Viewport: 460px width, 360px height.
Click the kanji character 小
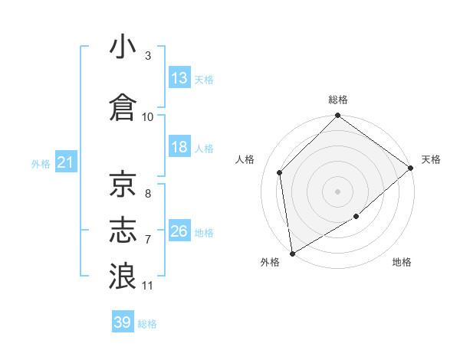(x=123, y=47)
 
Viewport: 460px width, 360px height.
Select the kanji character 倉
(x=123, y=106)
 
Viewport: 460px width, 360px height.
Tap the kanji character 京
(x=123, y=184)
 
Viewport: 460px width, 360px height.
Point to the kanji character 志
(x=123, y=231)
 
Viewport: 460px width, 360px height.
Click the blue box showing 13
(x=179, y=78)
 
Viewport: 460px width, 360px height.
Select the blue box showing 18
(x=179, y=147)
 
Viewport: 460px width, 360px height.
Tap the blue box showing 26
(x=179, y=231)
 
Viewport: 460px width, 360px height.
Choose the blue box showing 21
(x=66, y=162)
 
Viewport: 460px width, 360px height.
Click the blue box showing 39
(x=123, y=322)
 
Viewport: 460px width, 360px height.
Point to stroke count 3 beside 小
(x=148, y=56)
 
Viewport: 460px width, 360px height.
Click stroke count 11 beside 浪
(x=148, y=286)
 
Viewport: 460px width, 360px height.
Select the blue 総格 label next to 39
(x=148, y=324)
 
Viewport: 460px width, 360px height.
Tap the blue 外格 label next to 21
(x=41, y=163)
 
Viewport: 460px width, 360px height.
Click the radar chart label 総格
(x=338, y=100)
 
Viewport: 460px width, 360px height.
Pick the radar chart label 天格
(x=431, y=159)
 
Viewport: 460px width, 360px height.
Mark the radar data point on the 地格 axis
(x=356, y=218)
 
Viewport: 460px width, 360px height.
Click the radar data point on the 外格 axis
(x=292, y=253)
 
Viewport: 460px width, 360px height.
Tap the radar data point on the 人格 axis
(x=280, y=172)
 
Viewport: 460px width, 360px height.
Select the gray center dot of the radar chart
(x=338, y=191)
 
